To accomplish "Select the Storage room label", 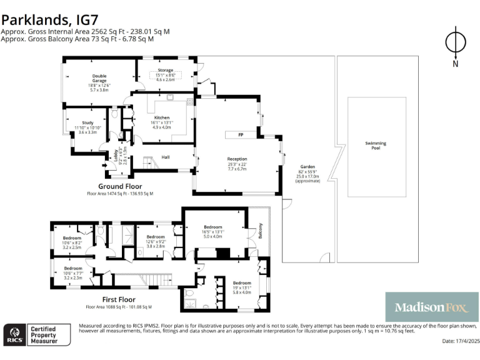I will click(x=165, y=71).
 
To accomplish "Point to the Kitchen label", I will click(x=161, y=117).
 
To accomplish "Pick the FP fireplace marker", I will click(x=240, y=135).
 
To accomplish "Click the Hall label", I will click(x=166, y=157).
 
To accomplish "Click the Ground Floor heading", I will click(x=120, y=186).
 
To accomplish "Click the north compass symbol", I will click(x=455, y=44).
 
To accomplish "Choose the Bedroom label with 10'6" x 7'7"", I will click(x=72, y=267).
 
